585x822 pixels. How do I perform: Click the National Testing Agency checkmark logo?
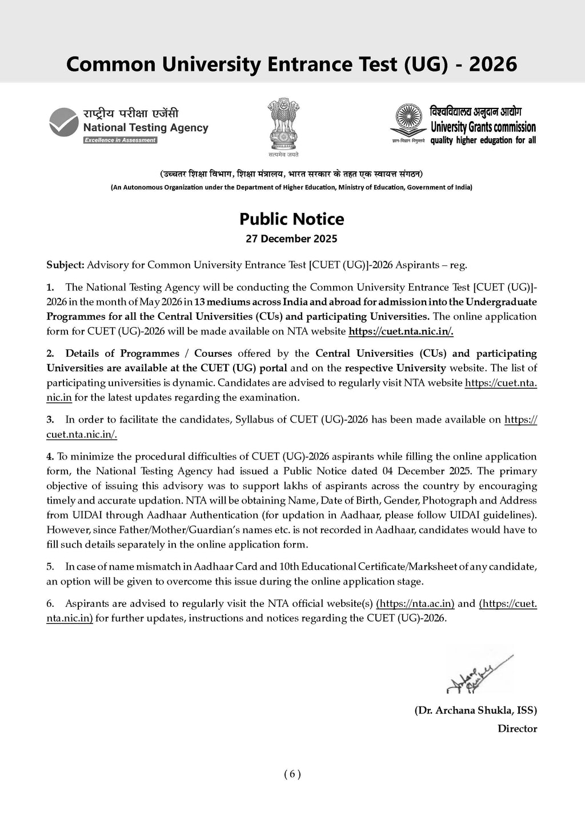[x=63, y=122]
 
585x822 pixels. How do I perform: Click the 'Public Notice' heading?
[x=291, y=219]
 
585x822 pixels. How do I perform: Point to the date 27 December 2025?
[x=291, y=239]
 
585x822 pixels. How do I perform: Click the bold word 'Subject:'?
[x=65, y=265]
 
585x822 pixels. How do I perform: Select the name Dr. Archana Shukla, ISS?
[x=475, y=710]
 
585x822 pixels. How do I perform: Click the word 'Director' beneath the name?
[x=517, y=728]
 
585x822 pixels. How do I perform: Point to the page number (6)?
[x=292, y=774]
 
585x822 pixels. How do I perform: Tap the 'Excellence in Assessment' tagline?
[x=120, y=140]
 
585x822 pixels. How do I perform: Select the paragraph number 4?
[x=50, y=456]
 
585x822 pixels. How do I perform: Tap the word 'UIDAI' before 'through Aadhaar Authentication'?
[x=63, y=515]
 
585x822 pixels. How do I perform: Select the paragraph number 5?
[x=50, y=567]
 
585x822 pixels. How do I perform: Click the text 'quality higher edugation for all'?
[x=483, y=140]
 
